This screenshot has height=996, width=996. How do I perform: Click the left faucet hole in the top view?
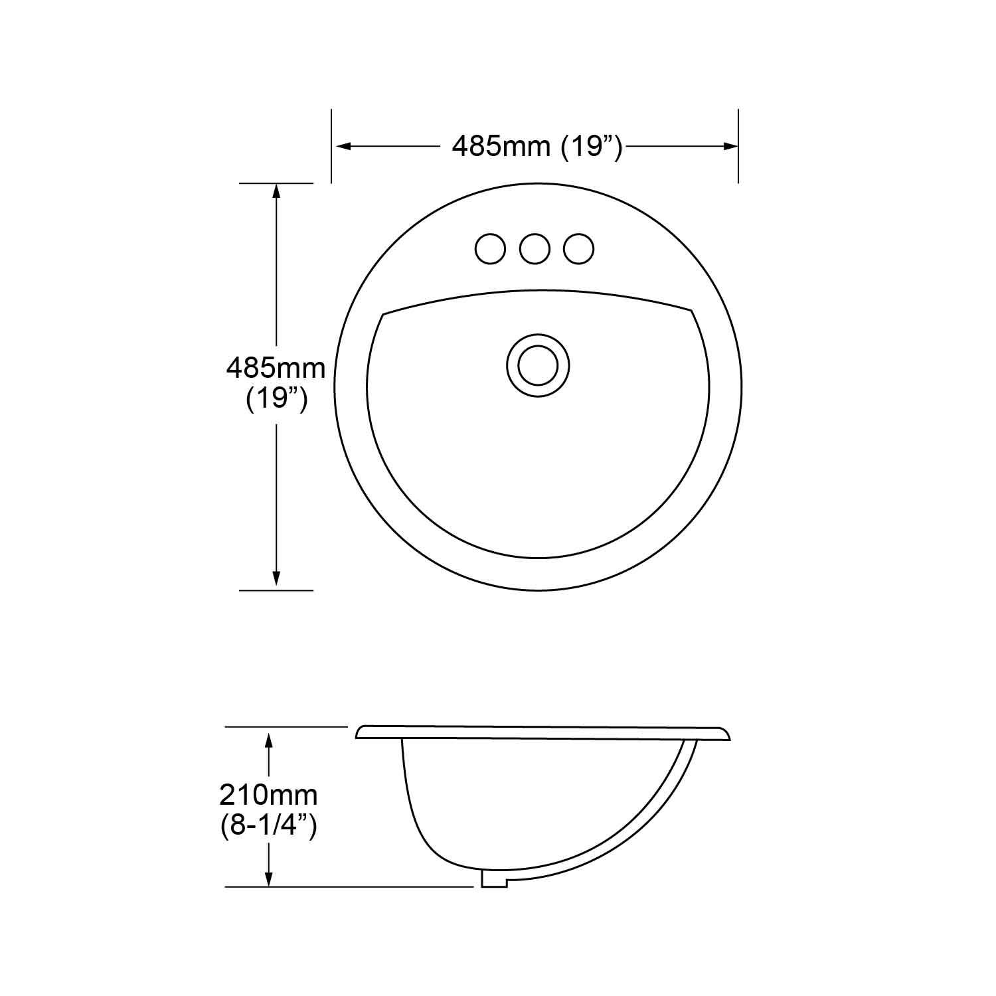click(490, 249)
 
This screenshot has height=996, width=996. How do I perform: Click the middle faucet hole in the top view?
click(535, 249)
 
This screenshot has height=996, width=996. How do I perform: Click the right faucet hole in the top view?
click(578, 249)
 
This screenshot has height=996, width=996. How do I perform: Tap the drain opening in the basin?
click(538, 366)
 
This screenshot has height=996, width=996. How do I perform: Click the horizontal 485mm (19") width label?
click(537, 146)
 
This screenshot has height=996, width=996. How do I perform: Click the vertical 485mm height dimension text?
click(276, 368)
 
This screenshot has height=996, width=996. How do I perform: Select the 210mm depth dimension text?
click(268, 794)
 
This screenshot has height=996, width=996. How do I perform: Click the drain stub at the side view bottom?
click(493, 878)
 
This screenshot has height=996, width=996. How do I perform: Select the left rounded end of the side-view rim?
click(360, 732)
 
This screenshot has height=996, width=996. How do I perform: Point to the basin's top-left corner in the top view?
click(384, 313)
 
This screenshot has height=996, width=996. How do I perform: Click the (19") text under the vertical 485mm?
click(276, 399)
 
